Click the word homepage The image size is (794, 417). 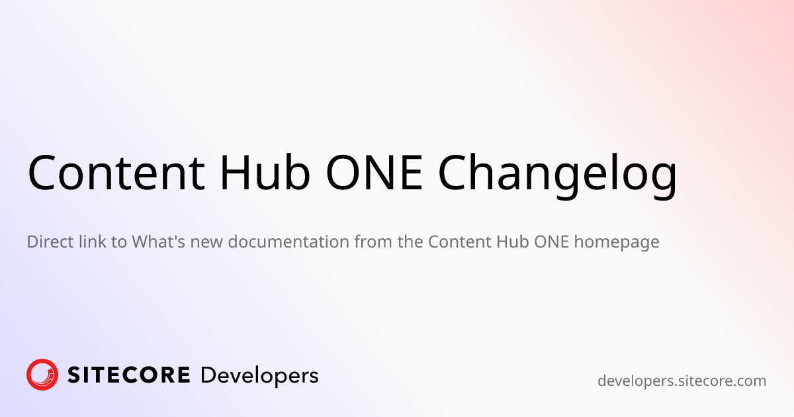click(617, 244)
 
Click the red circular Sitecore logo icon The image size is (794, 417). click(42, 375)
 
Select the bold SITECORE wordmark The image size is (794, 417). click(128, 376)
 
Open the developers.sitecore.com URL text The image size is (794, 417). click(682, 381)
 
